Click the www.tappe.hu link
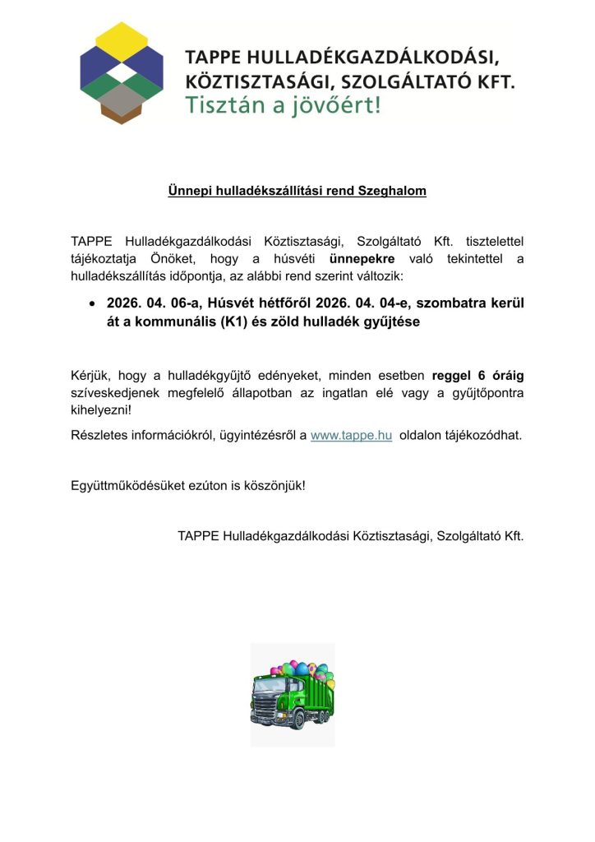[351, 435]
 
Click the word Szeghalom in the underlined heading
[393, 191]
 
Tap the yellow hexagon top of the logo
[122, 37]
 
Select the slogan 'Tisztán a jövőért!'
[284, 106]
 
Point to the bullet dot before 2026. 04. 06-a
[93, 303]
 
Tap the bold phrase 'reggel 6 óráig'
[477, 376]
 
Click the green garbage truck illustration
[293, 695]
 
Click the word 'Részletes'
[99, 435]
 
